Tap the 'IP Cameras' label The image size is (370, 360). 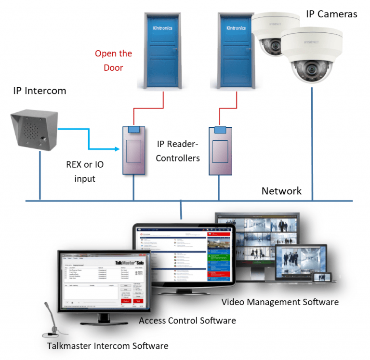tap(331, 14)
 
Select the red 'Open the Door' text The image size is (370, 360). tap(113, 60)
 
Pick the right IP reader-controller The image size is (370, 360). tap(221, 151)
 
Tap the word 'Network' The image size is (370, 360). tap(281, 191)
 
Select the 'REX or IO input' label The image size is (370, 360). tap(85, 172)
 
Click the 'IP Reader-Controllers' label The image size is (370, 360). tap(178, 150)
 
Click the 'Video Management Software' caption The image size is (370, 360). tap(280, 302)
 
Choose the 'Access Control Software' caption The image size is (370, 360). tap(187, 320)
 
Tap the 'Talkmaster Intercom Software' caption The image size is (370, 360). tap(107, 346)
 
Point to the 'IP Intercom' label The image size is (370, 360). tap(40, 91)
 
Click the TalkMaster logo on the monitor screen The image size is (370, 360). tap(130, 262)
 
